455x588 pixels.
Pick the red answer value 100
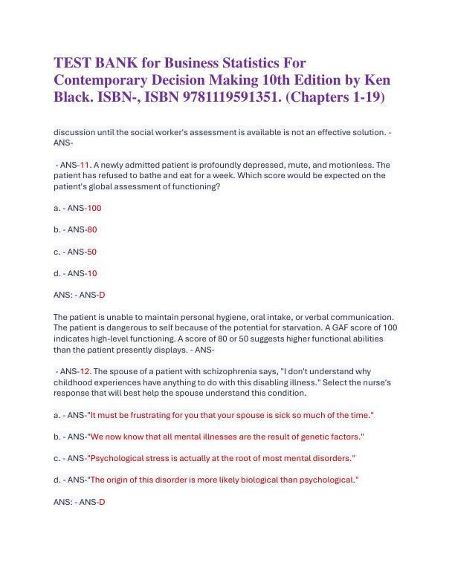tap(94, 208)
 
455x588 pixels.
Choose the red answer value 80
tap(92, 229)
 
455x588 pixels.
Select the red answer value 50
tap(91, 252)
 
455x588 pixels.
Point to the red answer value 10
tap(92, 273)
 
